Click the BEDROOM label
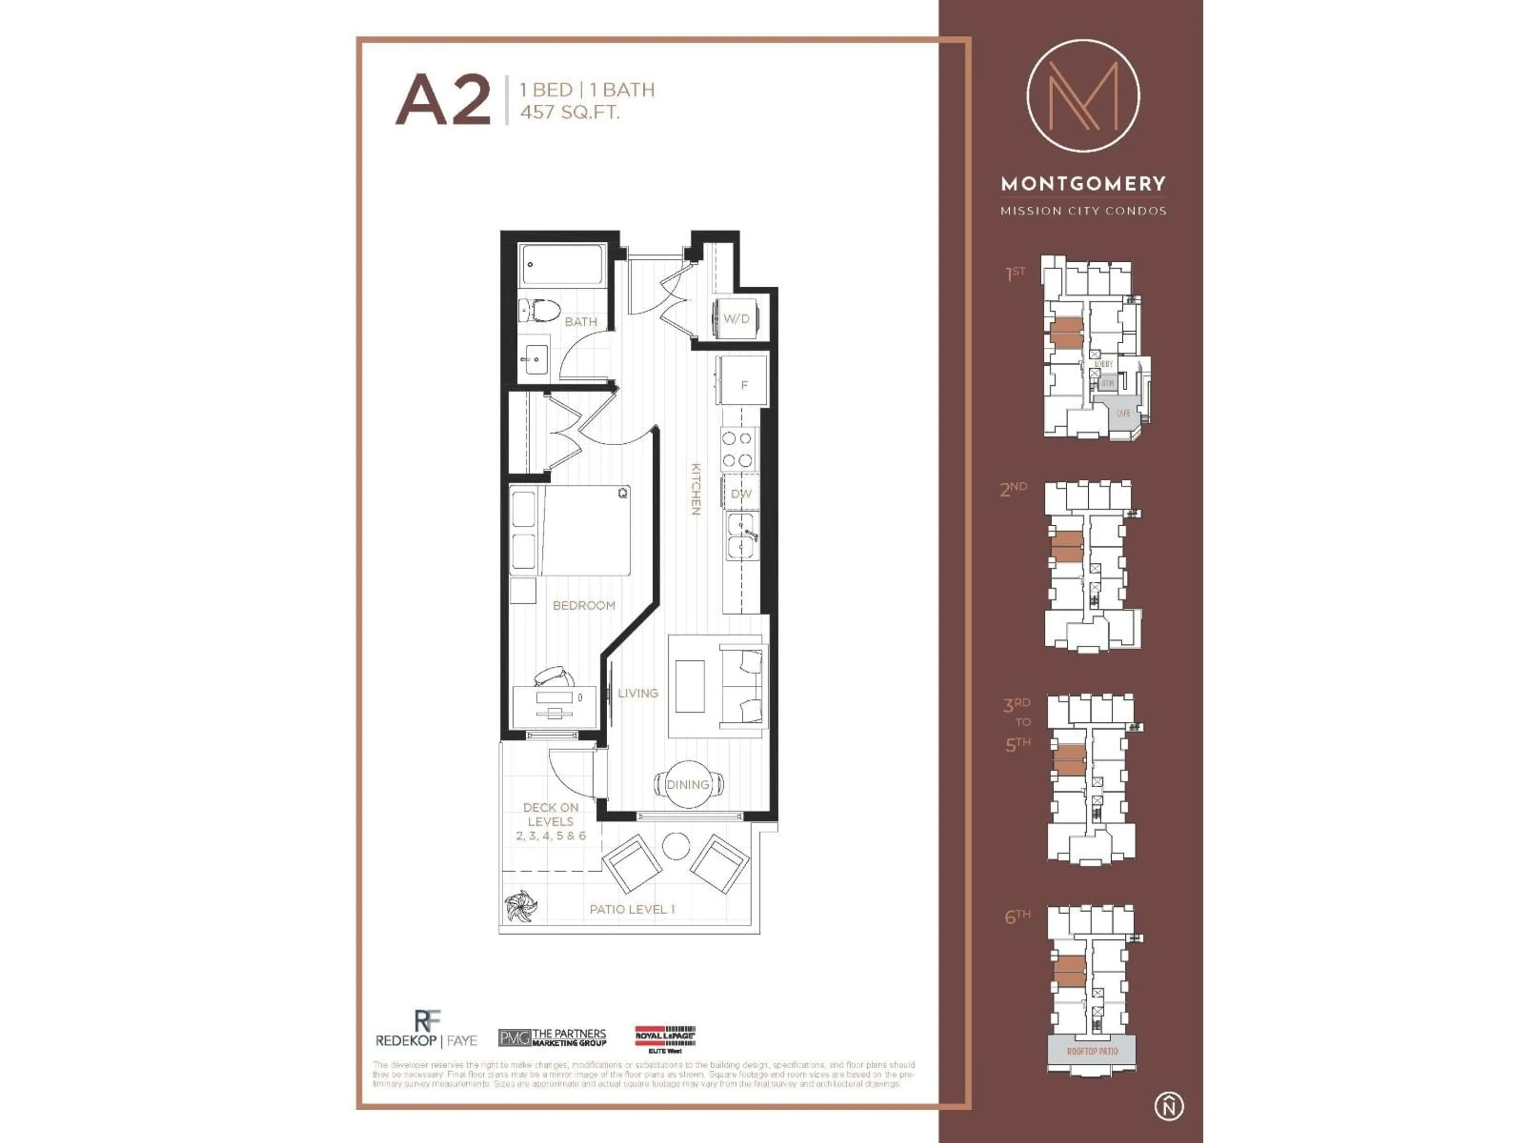583,606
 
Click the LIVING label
638,693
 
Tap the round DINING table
688,784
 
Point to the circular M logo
1082,96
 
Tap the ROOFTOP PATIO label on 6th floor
1092,1051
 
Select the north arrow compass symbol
1168,1106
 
